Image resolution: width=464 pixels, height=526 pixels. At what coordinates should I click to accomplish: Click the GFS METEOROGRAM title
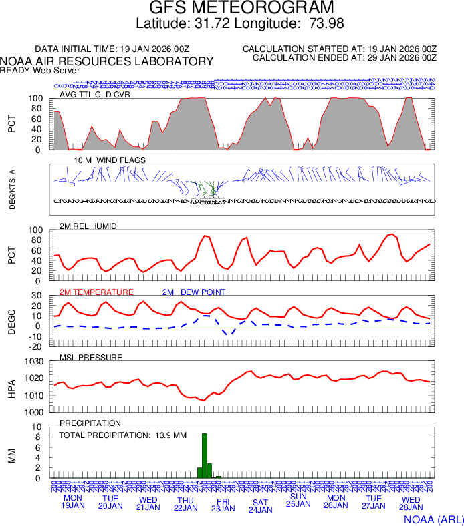(x=241, y=9)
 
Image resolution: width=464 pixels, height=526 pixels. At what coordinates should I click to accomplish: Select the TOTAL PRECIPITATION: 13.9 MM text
(x=122, y=435)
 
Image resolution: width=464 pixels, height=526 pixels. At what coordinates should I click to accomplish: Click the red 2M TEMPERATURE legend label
(x=96, y=292)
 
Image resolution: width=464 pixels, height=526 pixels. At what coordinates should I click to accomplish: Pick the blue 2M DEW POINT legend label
(x=193, y=292)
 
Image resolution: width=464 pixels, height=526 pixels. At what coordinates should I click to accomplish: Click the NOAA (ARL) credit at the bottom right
(x=433, y=519)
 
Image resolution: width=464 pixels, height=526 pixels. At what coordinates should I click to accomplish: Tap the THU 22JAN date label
(x=185, y=504)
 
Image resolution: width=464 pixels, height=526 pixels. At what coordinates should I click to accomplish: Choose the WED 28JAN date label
(x=411, y=503)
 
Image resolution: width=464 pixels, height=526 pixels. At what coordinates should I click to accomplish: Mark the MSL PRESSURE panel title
(x=91, y=358)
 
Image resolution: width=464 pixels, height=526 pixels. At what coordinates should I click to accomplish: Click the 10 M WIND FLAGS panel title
(x=100, y=160)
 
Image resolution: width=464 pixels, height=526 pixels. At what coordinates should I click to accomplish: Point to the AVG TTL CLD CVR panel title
(x=95, y=95)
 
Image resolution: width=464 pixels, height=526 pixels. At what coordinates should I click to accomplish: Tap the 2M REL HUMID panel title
(x=88, y=226)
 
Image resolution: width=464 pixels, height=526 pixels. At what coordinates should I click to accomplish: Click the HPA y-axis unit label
(x=12, y=387)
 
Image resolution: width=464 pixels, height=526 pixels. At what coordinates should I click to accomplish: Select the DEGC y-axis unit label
(x=12, y=321)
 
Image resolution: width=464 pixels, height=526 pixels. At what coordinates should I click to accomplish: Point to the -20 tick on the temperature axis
(x=37, y=346)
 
